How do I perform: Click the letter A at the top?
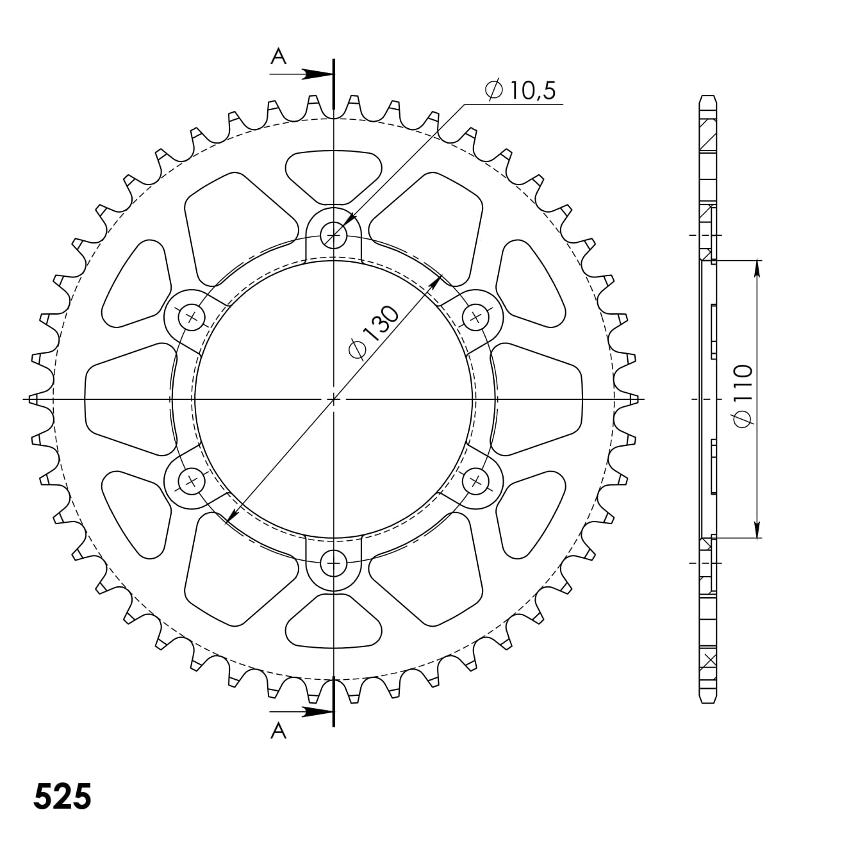(x=278, y=57)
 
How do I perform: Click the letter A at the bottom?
(x=278, y=730)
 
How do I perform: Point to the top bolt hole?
(x=333, y=235)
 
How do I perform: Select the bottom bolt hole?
(x=333, y=564)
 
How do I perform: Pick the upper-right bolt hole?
(x=475, y=317)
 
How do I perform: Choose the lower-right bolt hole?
(x=475, y=481)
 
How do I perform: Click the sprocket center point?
(x=333, y=399)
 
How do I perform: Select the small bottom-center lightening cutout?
(x=333, y=622)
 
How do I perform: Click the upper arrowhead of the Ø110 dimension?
(x=757, y=269)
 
